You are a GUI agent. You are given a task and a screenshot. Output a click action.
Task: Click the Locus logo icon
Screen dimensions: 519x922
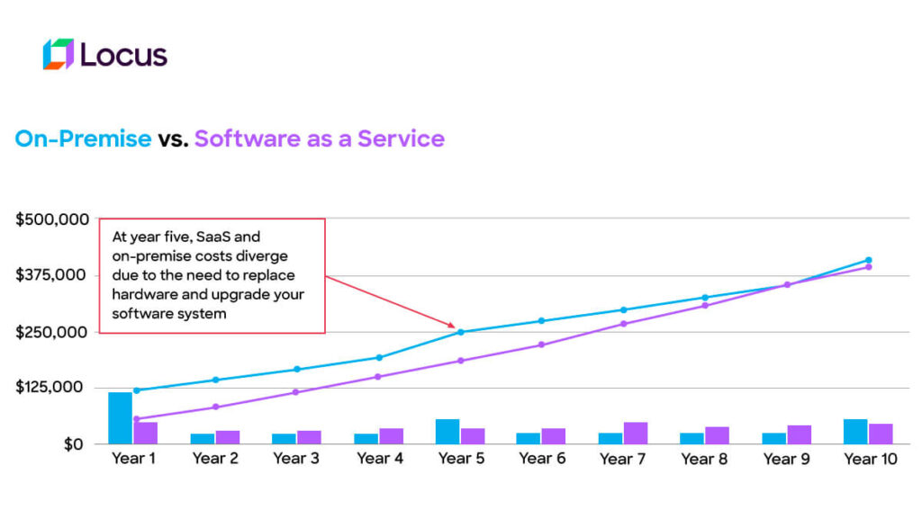[58, 54]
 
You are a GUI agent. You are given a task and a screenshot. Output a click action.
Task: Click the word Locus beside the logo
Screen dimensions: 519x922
[123, 55]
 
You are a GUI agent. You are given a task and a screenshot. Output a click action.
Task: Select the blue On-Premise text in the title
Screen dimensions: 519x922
[83, 139]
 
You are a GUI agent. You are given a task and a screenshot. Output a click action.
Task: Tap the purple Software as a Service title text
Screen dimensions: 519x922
[320, 139]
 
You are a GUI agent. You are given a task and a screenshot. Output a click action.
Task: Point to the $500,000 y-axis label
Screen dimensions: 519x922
[51, 219]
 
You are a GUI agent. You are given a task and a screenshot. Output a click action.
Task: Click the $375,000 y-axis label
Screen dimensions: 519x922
[51, 275]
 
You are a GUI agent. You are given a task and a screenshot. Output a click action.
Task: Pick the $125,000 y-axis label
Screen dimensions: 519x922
[51, 388]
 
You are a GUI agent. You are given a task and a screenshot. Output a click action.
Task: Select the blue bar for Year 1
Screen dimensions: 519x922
[120, 418]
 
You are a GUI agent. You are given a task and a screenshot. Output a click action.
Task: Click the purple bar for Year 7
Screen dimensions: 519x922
[636, 433]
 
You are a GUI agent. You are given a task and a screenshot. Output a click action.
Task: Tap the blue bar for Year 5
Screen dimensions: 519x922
[447, 432]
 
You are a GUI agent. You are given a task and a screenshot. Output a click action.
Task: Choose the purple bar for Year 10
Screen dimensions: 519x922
[881, 434]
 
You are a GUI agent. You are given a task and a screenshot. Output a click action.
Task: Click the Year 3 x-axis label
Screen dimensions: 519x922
[296, 460]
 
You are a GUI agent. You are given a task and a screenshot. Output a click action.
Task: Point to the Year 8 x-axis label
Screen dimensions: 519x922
[704, 460]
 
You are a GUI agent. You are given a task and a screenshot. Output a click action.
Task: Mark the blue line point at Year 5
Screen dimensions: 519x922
[460, 332]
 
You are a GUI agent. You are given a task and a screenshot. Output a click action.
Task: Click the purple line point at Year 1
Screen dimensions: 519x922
[136, 419]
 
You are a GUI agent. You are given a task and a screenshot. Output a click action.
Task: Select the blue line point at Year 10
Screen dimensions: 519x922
[869, 260]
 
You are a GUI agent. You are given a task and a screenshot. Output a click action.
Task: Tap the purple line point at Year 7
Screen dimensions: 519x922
[624, 324]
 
